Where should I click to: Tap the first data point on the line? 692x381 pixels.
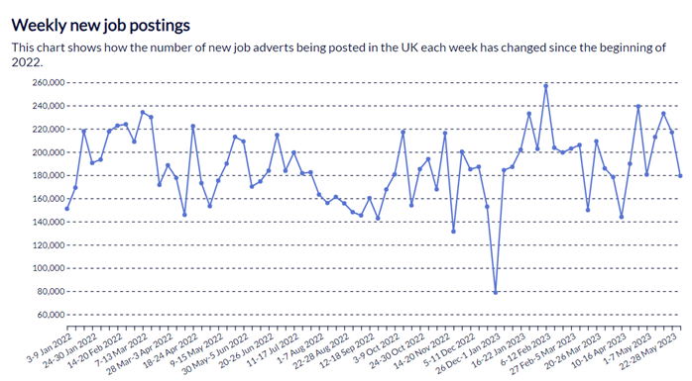(x=67, y=209)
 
